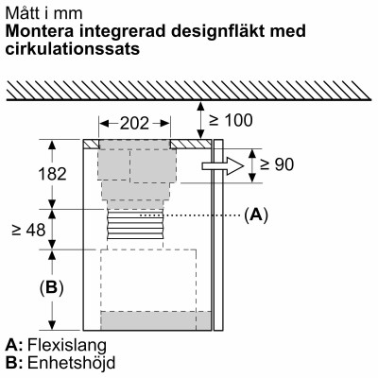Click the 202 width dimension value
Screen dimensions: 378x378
pos(134,124)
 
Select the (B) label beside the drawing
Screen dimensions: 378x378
pos(29,288)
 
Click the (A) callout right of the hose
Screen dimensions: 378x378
pos(256,215)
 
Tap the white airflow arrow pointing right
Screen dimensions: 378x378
pos(216,166)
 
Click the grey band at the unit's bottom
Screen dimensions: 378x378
pos(156,321)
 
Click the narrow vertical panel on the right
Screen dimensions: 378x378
pos(219,236)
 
